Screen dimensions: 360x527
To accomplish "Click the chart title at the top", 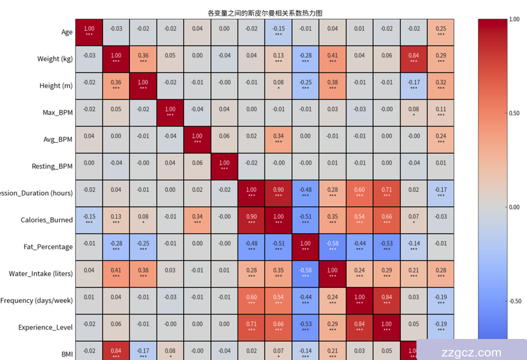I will (x=265, y=13).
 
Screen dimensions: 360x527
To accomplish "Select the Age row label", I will (x=67, y=32).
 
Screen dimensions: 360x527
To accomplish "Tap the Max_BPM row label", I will (x=57, y=113).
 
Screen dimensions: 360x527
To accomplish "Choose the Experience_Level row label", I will (x=46, y=328).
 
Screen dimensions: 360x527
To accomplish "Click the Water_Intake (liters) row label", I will (x=41, y=274).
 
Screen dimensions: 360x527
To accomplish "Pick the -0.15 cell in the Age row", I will (x=278, y=32).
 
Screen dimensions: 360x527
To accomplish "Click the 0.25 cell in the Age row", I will (x=440, y=32).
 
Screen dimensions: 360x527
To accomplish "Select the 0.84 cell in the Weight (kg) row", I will (x=414, y=58).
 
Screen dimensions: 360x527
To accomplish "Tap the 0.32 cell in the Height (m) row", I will (x=440, y=85).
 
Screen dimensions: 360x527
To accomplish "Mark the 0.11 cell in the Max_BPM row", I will (x=440, y=112).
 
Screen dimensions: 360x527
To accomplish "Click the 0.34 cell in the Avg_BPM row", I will (x=278, y=139).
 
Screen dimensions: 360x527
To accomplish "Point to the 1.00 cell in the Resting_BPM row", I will (x=225, y=166).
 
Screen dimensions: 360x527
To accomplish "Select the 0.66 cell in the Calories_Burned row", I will (x=387, y=220).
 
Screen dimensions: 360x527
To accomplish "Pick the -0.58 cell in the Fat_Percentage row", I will (x=332, y=247).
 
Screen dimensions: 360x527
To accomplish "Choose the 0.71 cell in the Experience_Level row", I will (x=252, y=327).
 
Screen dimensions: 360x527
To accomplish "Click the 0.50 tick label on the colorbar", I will (x=514, y=113).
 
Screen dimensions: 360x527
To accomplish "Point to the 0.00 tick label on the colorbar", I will (x=514, y=207).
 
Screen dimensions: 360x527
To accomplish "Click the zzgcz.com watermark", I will (x=473, y=353).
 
